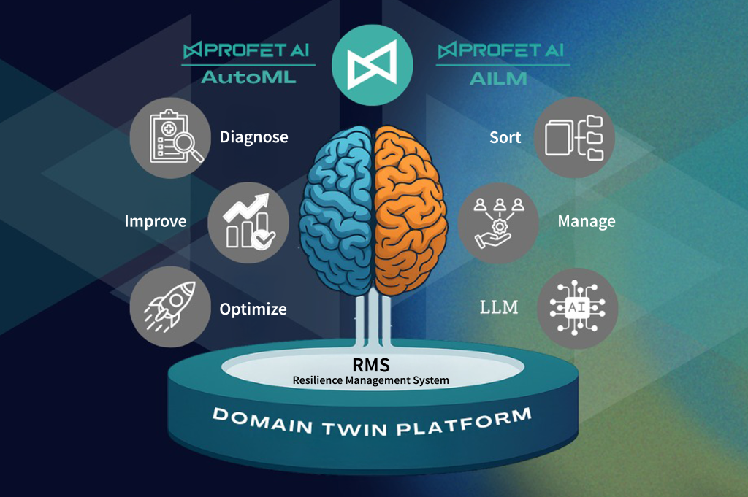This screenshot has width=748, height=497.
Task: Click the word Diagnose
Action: pos(253,137)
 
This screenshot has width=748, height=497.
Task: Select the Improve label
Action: pos(155,221)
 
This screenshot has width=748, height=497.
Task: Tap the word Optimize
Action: pos(253,309)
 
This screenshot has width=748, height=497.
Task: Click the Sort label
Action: pos(505,137)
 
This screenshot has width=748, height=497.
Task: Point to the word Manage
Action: pos(586,221)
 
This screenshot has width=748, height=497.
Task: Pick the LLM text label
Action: pos(499,307)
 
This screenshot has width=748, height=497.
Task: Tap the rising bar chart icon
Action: pos(248,222)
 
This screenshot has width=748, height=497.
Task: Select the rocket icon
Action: pos(170,307)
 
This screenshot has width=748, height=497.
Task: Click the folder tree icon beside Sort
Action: pos(574,138)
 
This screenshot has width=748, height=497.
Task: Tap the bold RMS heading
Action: pos(370,364)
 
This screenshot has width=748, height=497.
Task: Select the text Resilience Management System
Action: pos(370,380)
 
